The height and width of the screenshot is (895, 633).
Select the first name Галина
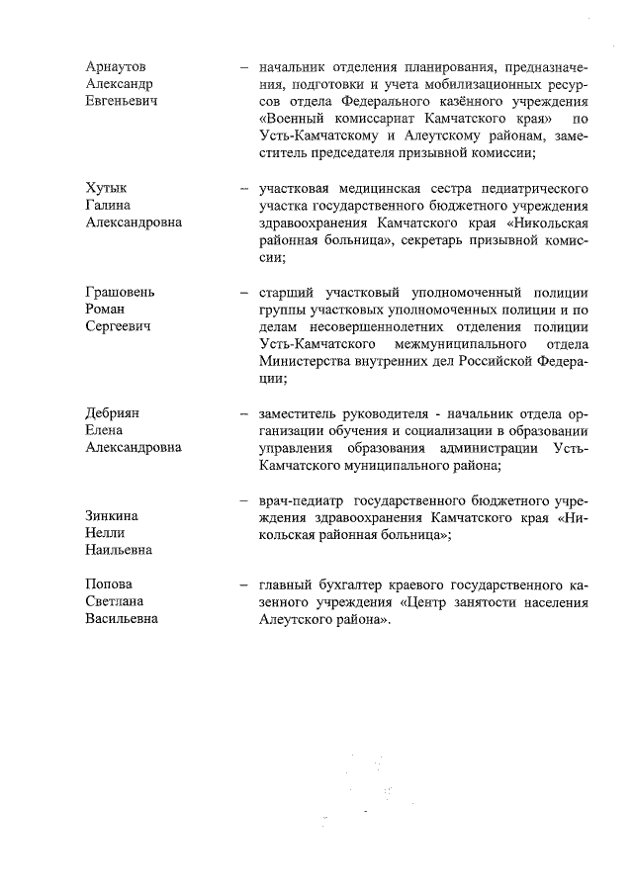[109, 205]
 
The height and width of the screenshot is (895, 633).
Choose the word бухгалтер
[353, 584]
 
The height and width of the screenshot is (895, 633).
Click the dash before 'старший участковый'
[242, 294]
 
